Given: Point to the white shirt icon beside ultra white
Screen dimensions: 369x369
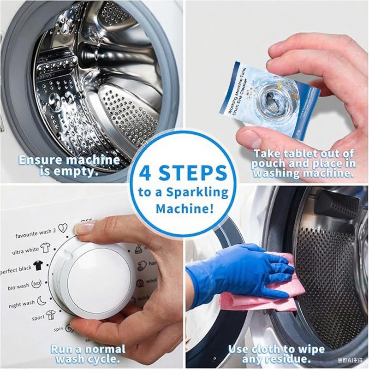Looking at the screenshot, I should point(45,248).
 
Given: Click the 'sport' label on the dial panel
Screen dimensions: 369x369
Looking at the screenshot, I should point(38,318).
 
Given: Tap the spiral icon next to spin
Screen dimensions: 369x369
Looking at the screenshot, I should point(70,328).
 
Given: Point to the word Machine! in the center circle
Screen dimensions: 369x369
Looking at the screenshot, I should point(184,208).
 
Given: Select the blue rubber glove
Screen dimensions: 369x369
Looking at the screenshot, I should point(231,272).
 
